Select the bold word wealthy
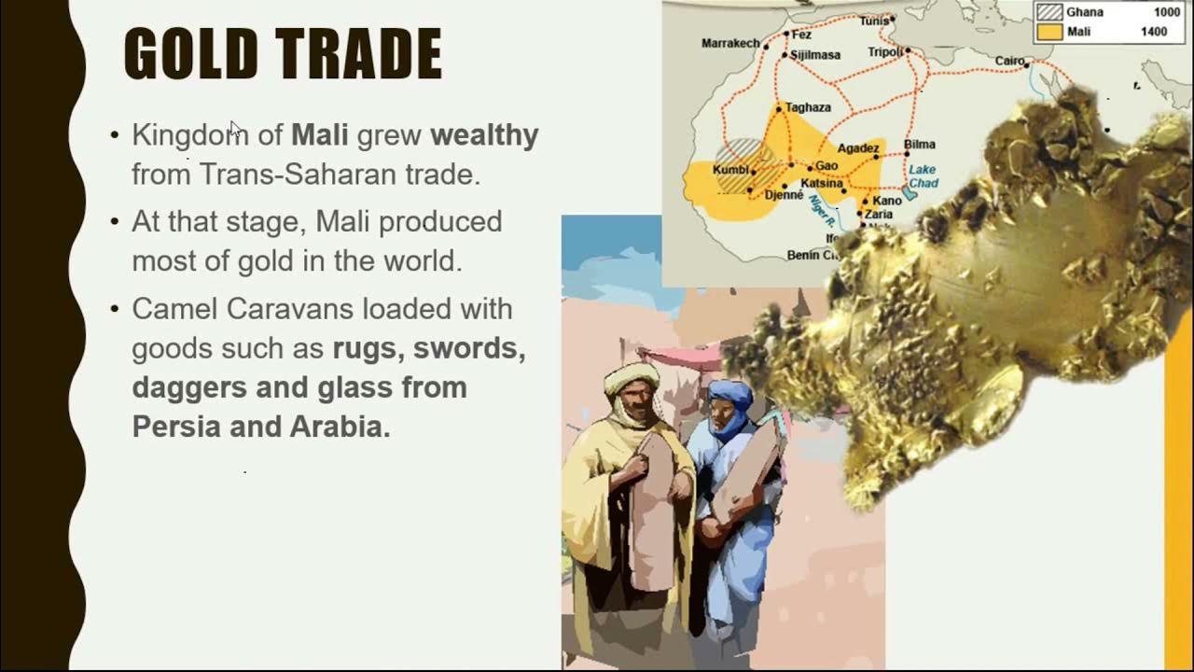coord(484,135)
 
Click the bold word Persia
coord(176,427)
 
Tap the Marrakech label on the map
coord(729,43)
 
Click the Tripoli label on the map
coord(885,51)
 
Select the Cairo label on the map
coord(1008,61)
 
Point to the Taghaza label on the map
coord(807,107)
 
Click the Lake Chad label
coord(923,176)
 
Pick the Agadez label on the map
coord(857,147)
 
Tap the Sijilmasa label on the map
coord(815,55)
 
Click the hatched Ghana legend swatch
coord(1049,12)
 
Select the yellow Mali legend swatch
coord(1049,32)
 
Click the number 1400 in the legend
coord(1153,32)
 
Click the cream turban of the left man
coord(632,379)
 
